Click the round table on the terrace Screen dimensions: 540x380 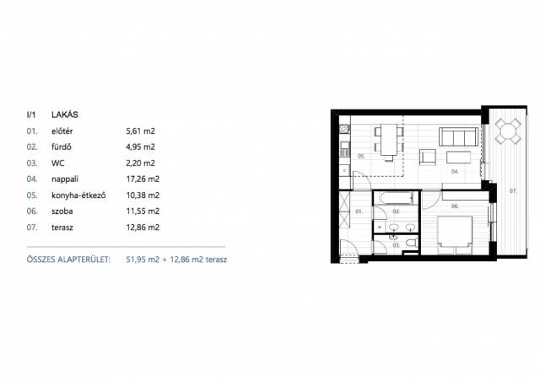pos(508,131)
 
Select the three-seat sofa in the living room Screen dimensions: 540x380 pos(458,136)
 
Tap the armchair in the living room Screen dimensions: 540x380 pos(428,158)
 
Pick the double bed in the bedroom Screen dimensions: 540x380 pos(455,235)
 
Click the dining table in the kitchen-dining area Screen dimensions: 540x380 pos(389,140)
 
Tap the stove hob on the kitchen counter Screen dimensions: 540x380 pos(345,129)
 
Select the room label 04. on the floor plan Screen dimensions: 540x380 pos(455,171)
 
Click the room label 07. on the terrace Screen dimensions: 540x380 pos(513,191)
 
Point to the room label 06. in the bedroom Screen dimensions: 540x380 pos(455,206)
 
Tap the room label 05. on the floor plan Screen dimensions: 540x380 pos(361,156)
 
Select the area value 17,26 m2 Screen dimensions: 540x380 pos(143,179)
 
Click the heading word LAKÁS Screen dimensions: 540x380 pos(65,115)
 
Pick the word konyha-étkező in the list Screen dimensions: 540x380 pos(78,195)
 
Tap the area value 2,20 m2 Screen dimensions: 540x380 pos(141,163)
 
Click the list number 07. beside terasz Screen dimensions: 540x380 pos(32,227)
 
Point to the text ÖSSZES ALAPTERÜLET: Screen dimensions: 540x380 pos(68,260)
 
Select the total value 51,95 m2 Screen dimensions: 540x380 pos(143,260)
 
